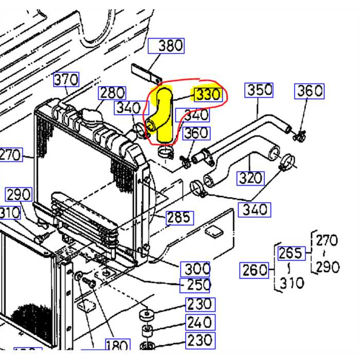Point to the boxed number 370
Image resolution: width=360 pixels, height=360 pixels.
pos(66,80)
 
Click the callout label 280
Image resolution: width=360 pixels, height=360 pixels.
pos(112,93)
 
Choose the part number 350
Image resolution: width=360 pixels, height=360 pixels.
pos(259,90)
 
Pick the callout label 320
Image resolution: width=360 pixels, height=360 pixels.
pos(250,178)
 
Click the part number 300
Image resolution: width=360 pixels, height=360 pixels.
pos(197,268)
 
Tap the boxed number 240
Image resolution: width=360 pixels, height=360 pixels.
pos(200,322)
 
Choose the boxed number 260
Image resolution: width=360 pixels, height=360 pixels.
pos(255,269)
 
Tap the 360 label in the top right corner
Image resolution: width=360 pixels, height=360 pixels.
pos(310,91)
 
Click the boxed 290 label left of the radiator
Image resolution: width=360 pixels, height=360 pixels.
pos(19,195)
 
